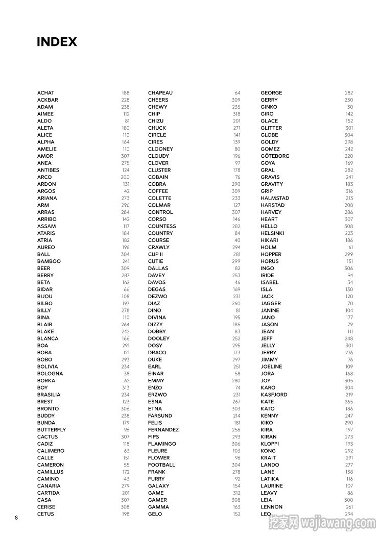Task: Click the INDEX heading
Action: point(57,42)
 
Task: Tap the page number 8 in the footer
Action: point(16,518)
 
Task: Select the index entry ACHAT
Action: point(45,93)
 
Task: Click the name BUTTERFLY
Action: point(51,430)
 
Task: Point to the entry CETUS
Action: point(45,514)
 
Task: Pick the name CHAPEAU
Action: point(160,93)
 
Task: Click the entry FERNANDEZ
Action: point(163,430)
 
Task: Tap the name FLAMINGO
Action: point(162,444)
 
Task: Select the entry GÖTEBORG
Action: point(275,156)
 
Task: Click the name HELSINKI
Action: point(272,233)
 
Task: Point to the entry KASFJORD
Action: point(274,395)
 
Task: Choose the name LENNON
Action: point(271,507)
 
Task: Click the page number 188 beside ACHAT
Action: point(126,93)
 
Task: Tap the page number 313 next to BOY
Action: point(126,387)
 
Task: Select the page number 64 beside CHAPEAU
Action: point(237,93)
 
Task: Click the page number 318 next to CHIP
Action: point(236,114)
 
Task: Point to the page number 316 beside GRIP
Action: point(349,191)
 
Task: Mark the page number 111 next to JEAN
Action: point(350,332)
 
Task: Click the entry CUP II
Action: point(155,254)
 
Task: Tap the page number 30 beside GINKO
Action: point(350,107)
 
